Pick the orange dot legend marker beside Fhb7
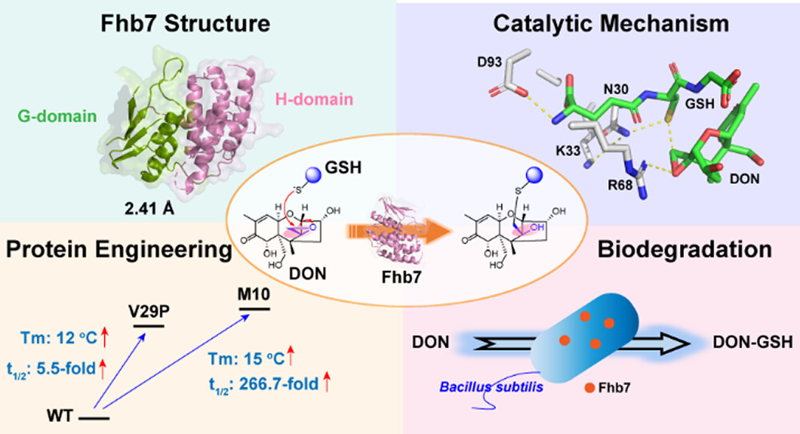tap(589, 389)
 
